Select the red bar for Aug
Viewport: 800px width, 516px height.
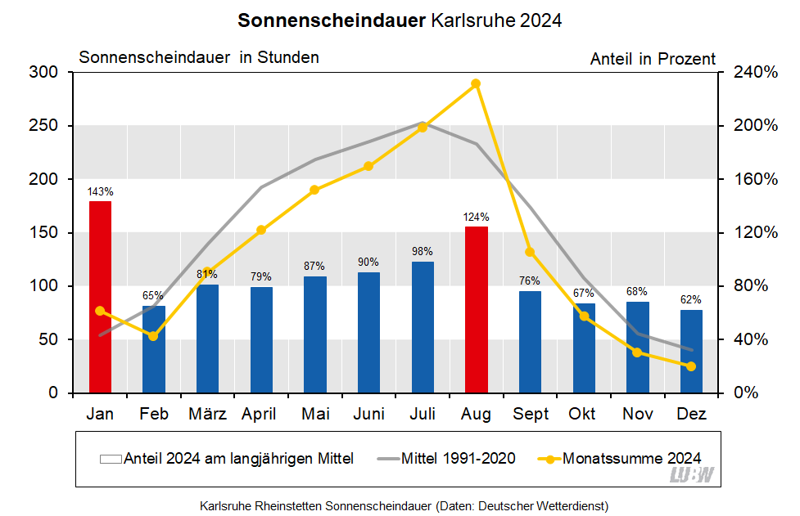click(x=476, y=310)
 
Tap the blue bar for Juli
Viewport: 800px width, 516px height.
click(x=423, y=327)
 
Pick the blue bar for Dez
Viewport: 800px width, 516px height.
click(x=691, y=352)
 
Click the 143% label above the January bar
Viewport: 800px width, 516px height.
click(x=100, y=191)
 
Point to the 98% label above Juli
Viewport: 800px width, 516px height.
click(x=423, y=252)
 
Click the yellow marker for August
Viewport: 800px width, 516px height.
click(x=476, y=83)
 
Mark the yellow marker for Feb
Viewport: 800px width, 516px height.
click(x=153, y=336)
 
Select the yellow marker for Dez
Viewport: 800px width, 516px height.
click(x=691, y=366)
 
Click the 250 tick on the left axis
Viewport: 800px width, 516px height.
click(x=43, y=126)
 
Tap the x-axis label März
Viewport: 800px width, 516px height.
click(x=207, y=415)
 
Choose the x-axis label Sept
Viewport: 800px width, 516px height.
click(x=531, y=415)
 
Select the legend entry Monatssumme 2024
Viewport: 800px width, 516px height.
click(x=631, y=458)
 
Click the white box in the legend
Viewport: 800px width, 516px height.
click(x=110, y=459)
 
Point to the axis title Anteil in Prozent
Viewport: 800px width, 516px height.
click(x=652, y=59)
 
